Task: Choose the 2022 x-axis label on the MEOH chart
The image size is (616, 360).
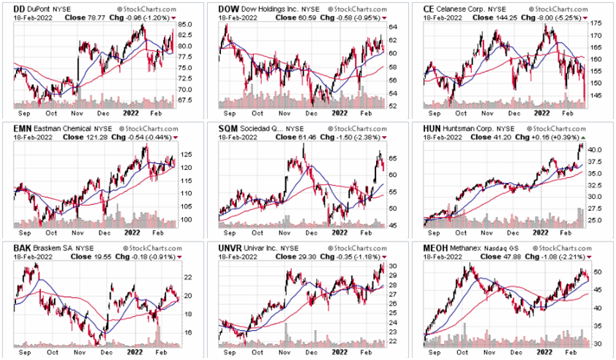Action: (541, 352)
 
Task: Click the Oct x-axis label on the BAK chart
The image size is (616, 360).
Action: (52, 352)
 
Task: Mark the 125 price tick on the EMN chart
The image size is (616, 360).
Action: (187, 154)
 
